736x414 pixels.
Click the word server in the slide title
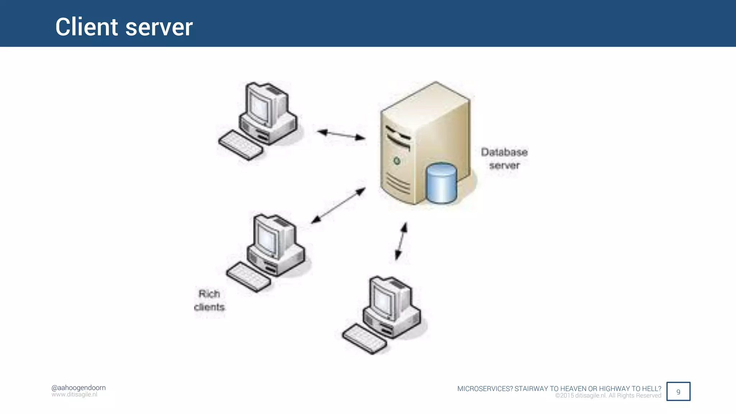(159, 28)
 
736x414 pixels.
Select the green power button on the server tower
(397, 161)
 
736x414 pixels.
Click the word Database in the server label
(504, 152)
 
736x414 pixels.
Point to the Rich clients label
(210, 300)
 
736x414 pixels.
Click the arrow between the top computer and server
(341, 134)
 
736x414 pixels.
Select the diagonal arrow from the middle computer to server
(338, 206)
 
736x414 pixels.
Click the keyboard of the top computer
(240, 145)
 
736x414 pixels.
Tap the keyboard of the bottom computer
(364, 339)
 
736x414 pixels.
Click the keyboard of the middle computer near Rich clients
(248, 277)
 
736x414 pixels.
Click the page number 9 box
(678, 391)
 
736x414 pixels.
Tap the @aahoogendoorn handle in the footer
(78, 388)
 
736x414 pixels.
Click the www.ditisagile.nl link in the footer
(74, 395)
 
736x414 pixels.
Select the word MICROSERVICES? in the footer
(485, 388)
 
